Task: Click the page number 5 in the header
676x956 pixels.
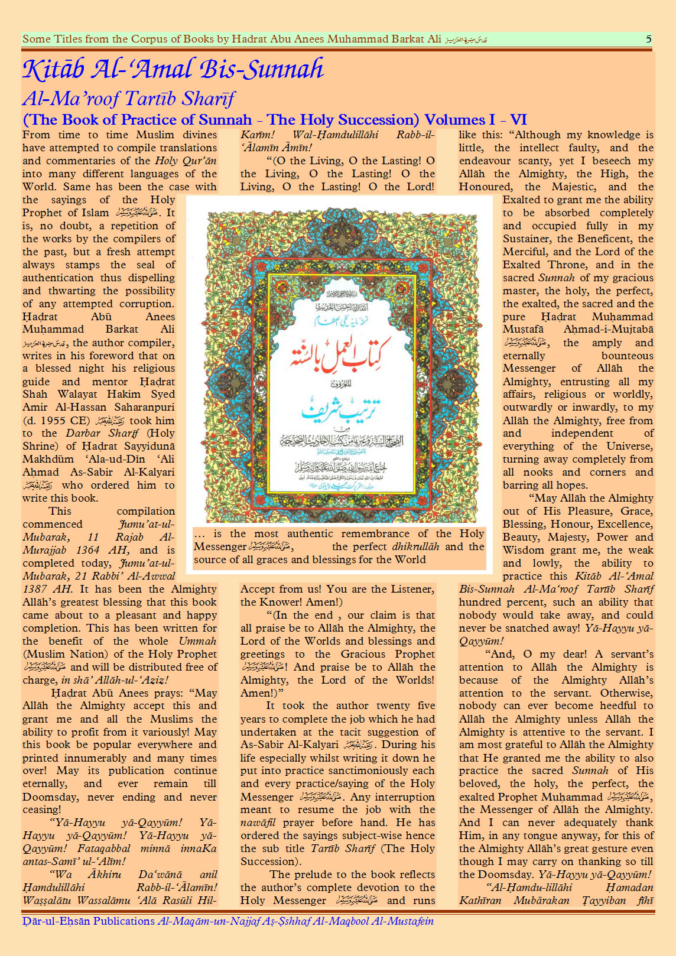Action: click(x=648, y=39)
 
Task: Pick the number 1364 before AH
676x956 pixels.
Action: click(x=88, y=550)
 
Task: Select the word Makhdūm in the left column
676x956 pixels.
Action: click(x=48, y=459)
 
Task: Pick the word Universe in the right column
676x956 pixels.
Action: click(x=629, y=446)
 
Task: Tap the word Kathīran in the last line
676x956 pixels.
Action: click(x=480, y=900)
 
